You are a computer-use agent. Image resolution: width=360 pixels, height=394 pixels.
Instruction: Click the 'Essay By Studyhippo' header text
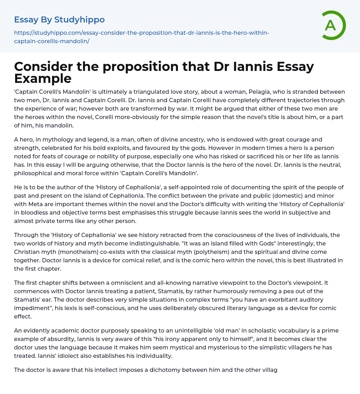coord(59,19)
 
